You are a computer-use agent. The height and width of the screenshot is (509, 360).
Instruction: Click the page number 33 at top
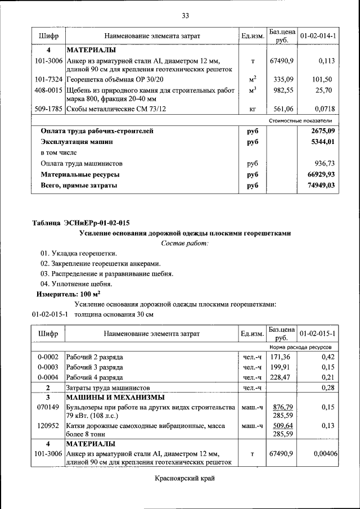click(184, 15)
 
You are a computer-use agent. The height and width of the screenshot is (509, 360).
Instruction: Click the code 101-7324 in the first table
click(48, 79)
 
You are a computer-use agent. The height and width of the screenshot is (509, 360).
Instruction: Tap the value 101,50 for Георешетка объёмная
click(324, 79)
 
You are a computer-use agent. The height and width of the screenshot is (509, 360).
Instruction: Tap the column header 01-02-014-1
click(318, 36)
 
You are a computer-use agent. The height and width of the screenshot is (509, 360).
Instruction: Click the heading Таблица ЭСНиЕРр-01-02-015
click(84, 223)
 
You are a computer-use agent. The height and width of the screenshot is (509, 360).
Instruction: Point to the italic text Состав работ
click(184, 243)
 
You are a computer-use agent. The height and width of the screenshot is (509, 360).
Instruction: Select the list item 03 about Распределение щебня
click(106, 273)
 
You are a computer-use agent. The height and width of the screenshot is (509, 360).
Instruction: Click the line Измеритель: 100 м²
click(69, 294)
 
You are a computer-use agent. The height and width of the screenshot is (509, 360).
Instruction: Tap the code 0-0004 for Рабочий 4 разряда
click(48, 377)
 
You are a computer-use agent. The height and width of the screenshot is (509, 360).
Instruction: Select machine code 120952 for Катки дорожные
click(48, 426)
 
